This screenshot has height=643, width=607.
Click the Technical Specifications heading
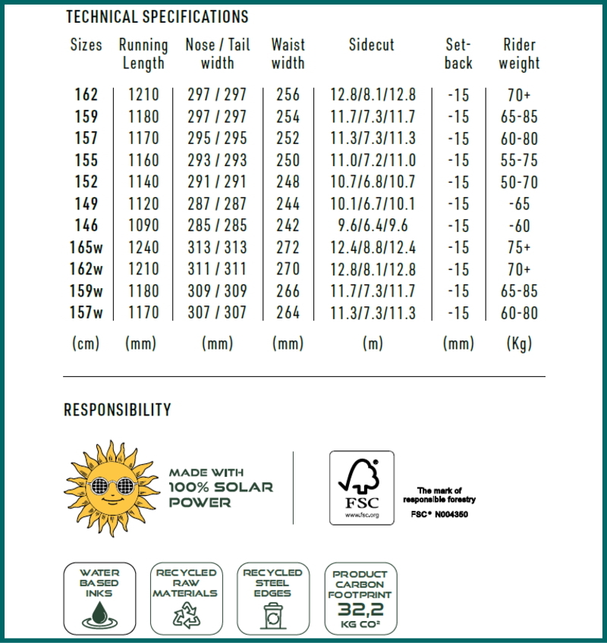pyautogui.click(x=157, y=16)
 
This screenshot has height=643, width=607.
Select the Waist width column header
pyautogui.click(x=288, y=53)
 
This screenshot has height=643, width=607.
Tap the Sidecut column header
pyautogui.click(x=372, y=45)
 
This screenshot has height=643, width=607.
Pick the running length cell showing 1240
pyautogui.click(x=143, y=247)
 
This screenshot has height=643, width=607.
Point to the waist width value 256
pyautogui.click(x=288, y=95)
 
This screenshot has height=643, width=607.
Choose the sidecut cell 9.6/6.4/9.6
pyautogui.click(x=373, y=225)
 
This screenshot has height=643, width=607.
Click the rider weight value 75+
pyautogui.click(x=519, y=247)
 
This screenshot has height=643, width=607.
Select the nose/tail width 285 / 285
pyautogui.click(x=217, y=225)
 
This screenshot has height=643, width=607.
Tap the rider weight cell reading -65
pyautogui.click(x=519, y=203)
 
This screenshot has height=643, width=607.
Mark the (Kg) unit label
pyautogui.click(x=519, y=343)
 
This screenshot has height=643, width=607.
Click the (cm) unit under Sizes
pyautogui.click(x=86, y=343)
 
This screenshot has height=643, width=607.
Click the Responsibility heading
pyautogui.click(x=118, y=410)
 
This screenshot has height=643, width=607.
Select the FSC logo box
pyautogui.click(x=362, y=488)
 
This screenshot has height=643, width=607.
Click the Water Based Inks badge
pyautogui.click(x=100, y=598)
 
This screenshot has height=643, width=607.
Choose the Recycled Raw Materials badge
pyautogui.click(x=186, y=598)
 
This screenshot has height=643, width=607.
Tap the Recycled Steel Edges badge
pyautogui.click(x=272, y=598)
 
